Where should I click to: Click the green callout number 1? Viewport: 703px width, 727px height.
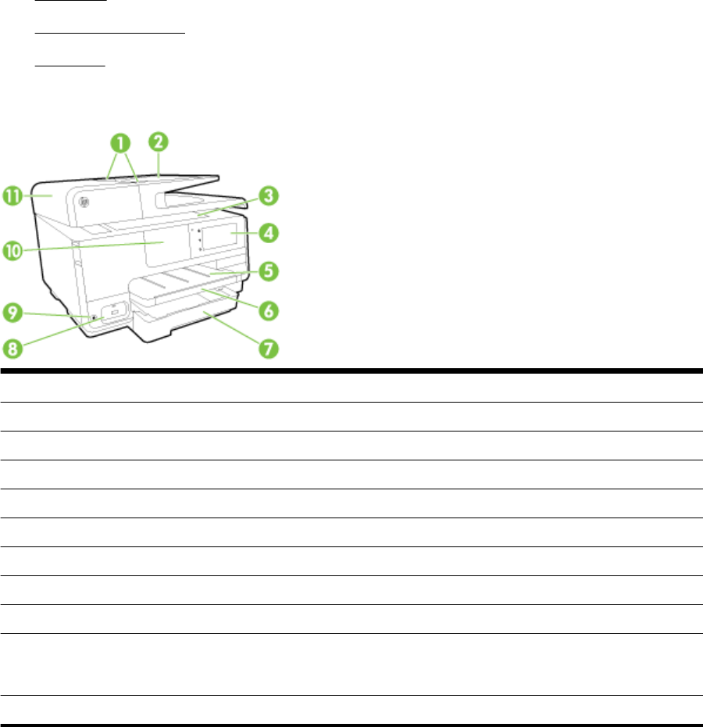click(121, 143)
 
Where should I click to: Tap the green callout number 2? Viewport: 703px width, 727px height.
click(158, 141)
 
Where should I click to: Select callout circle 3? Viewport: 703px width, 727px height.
click(268, 195)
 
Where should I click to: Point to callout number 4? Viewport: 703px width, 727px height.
click(268, 232)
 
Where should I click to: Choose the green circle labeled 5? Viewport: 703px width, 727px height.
click(268, 271)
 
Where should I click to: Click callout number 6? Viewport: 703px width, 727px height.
click(268, 310)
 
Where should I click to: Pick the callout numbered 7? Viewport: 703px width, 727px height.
click(268, 348)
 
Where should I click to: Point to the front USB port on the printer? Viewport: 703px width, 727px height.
click(116, 313)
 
